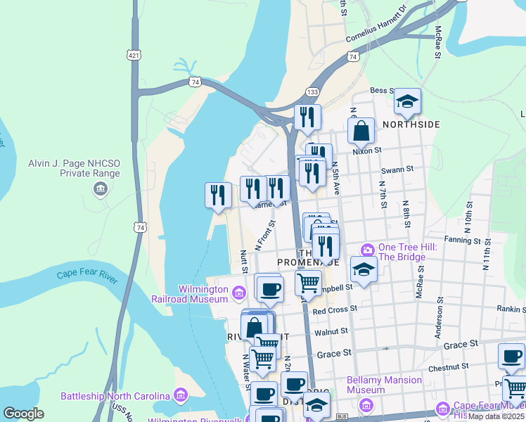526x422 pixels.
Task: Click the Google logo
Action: tap(23, 414)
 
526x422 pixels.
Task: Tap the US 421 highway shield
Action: tap(134, 54)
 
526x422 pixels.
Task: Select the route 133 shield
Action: tap(312, 93)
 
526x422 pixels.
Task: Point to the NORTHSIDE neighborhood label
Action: tap(411, 124)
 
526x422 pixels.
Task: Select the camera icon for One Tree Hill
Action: tap(366, 250)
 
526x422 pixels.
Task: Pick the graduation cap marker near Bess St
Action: tap(407, 102)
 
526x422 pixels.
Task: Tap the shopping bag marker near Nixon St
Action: tap(361, 132)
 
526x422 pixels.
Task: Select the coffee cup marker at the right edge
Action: tap(511, 357)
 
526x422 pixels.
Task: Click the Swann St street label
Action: tap(398, 170)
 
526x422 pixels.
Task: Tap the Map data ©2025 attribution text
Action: tap(496, 416)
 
